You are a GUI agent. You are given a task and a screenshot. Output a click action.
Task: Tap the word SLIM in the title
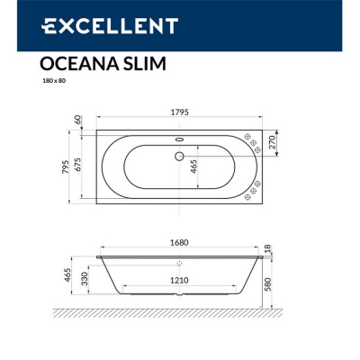coord(141,64)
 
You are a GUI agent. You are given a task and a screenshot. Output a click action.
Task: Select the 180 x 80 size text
coord(51,83)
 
